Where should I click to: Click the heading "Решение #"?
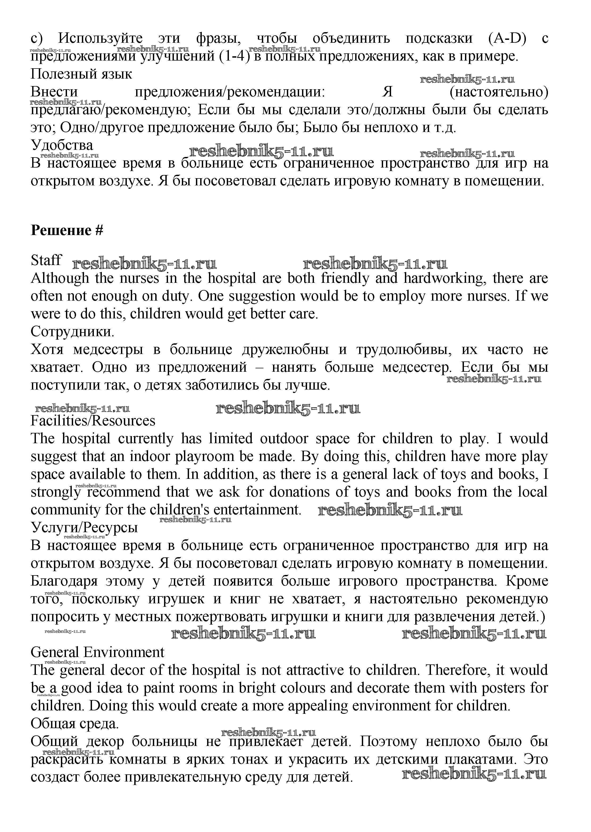click(67, 231)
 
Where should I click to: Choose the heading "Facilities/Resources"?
click(93, 421)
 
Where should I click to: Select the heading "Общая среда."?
click(75, 724)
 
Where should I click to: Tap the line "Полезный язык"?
click(81, 74)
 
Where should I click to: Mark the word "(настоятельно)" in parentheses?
click(498, 92)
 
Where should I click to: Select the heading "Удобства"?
click(62, 145)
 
